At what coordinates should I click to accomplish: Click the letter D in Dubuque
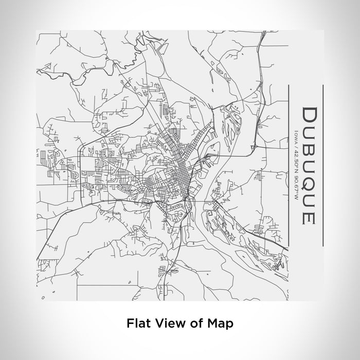point(308,115)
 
